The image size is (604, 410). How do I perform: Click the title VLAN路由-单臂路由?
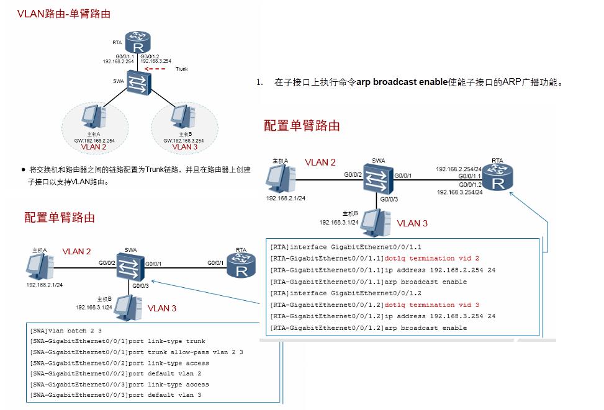[64, 14]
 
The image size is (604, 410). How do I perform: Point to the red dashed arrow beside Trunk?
[155, 69]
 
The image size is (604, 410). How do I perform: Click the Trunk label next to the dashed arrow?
[181, 69]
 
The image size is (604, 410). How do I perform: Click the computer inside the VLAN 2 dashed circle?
[94, 118]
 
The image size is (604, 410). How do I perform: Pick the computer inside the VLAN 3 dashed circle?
[182, 116]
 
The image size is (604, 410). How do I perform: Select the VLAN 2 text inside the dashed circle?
[94, 148]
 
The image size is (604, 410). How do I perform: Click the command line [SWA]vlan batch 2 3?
[65, 331]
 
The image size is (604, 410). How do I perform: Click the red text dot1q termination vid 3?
[431, 305]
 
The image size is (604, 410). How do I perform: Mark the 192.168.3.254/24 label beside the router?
[460, 192]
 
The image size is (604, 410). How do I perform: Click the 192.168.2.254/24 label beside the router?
[459, 169]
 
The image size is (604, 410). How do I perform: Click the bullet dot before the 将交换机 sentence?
[23, 169]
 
